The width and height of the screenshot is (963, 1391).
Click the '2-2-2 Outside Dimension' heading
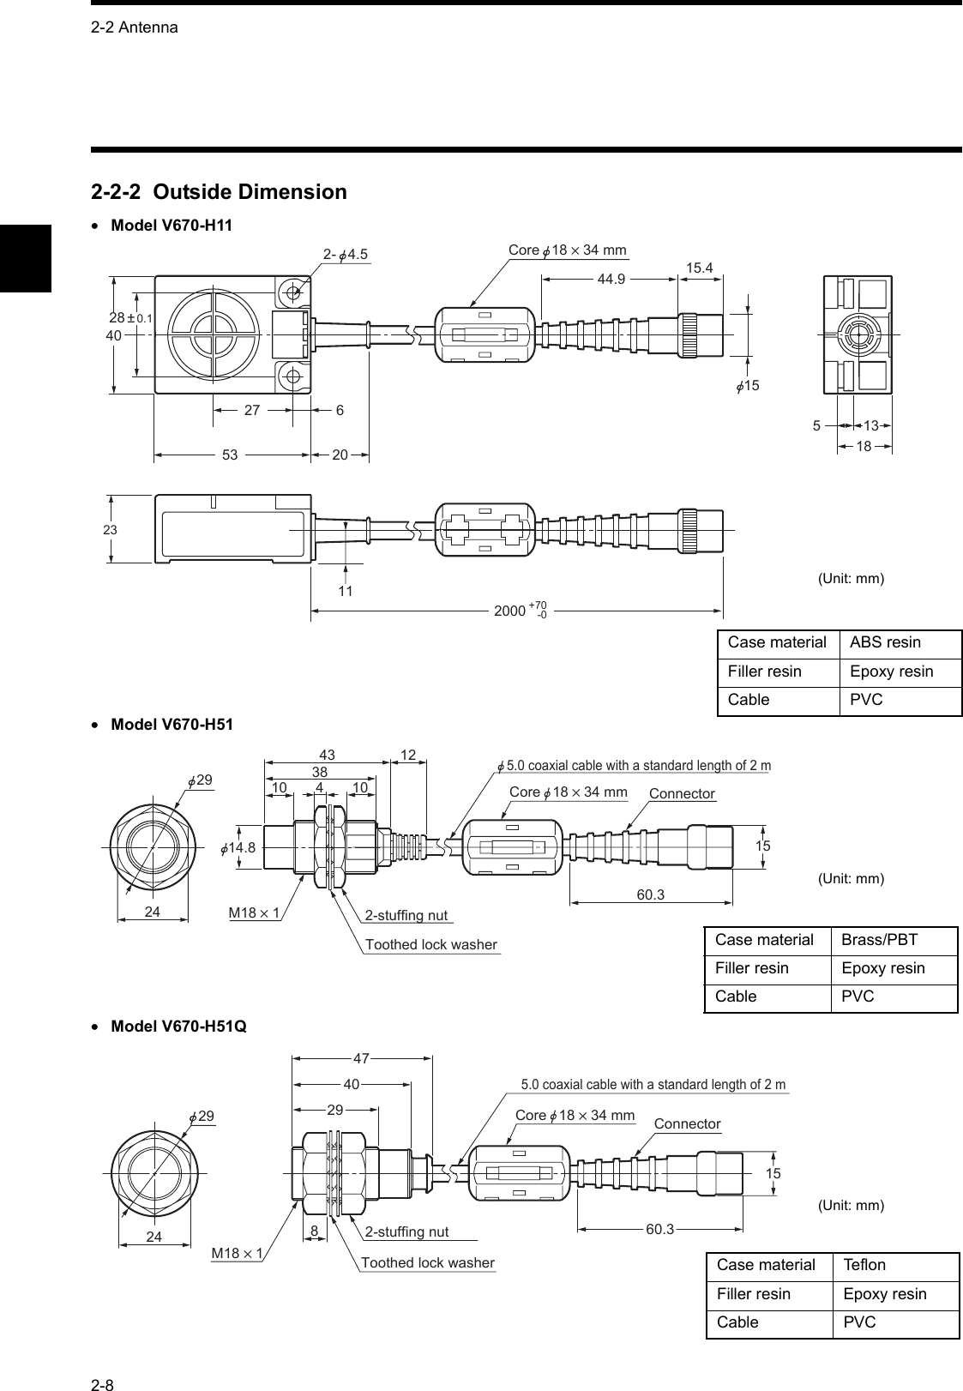[219, 191]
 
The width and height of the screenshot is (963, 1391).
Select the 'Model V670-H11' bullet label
[172, 225]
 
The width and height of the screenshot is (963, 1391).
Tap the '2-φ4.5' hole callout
[345, 253]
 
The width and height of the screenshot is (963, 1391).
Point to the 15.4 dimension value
[700, 268]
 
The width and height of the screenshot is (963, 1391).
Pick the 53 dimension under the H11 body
[231, 455]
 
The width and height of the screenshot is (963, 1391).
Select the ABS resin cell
[885, 642]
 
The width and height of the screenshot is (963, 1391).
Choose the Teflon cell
[864, 1265]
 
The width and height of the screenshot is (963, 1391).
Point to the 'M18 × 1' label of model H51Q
[237, 1254]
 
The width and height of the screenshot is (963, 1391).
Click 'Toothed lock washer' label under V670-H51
[430, 945]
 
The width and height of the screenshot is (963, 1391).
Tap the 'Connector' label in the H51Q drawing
[687, 1123]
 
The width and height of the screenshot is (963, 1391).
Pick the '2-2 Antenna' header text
[134, 27]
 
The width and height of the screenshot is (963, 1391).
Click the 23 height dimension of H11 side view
[110, 530]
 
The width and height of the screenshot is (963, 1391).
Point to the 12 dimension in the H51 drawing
[407, 755]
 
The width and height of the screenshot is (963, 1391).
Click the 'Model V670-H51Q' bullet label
[178, 1026]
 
